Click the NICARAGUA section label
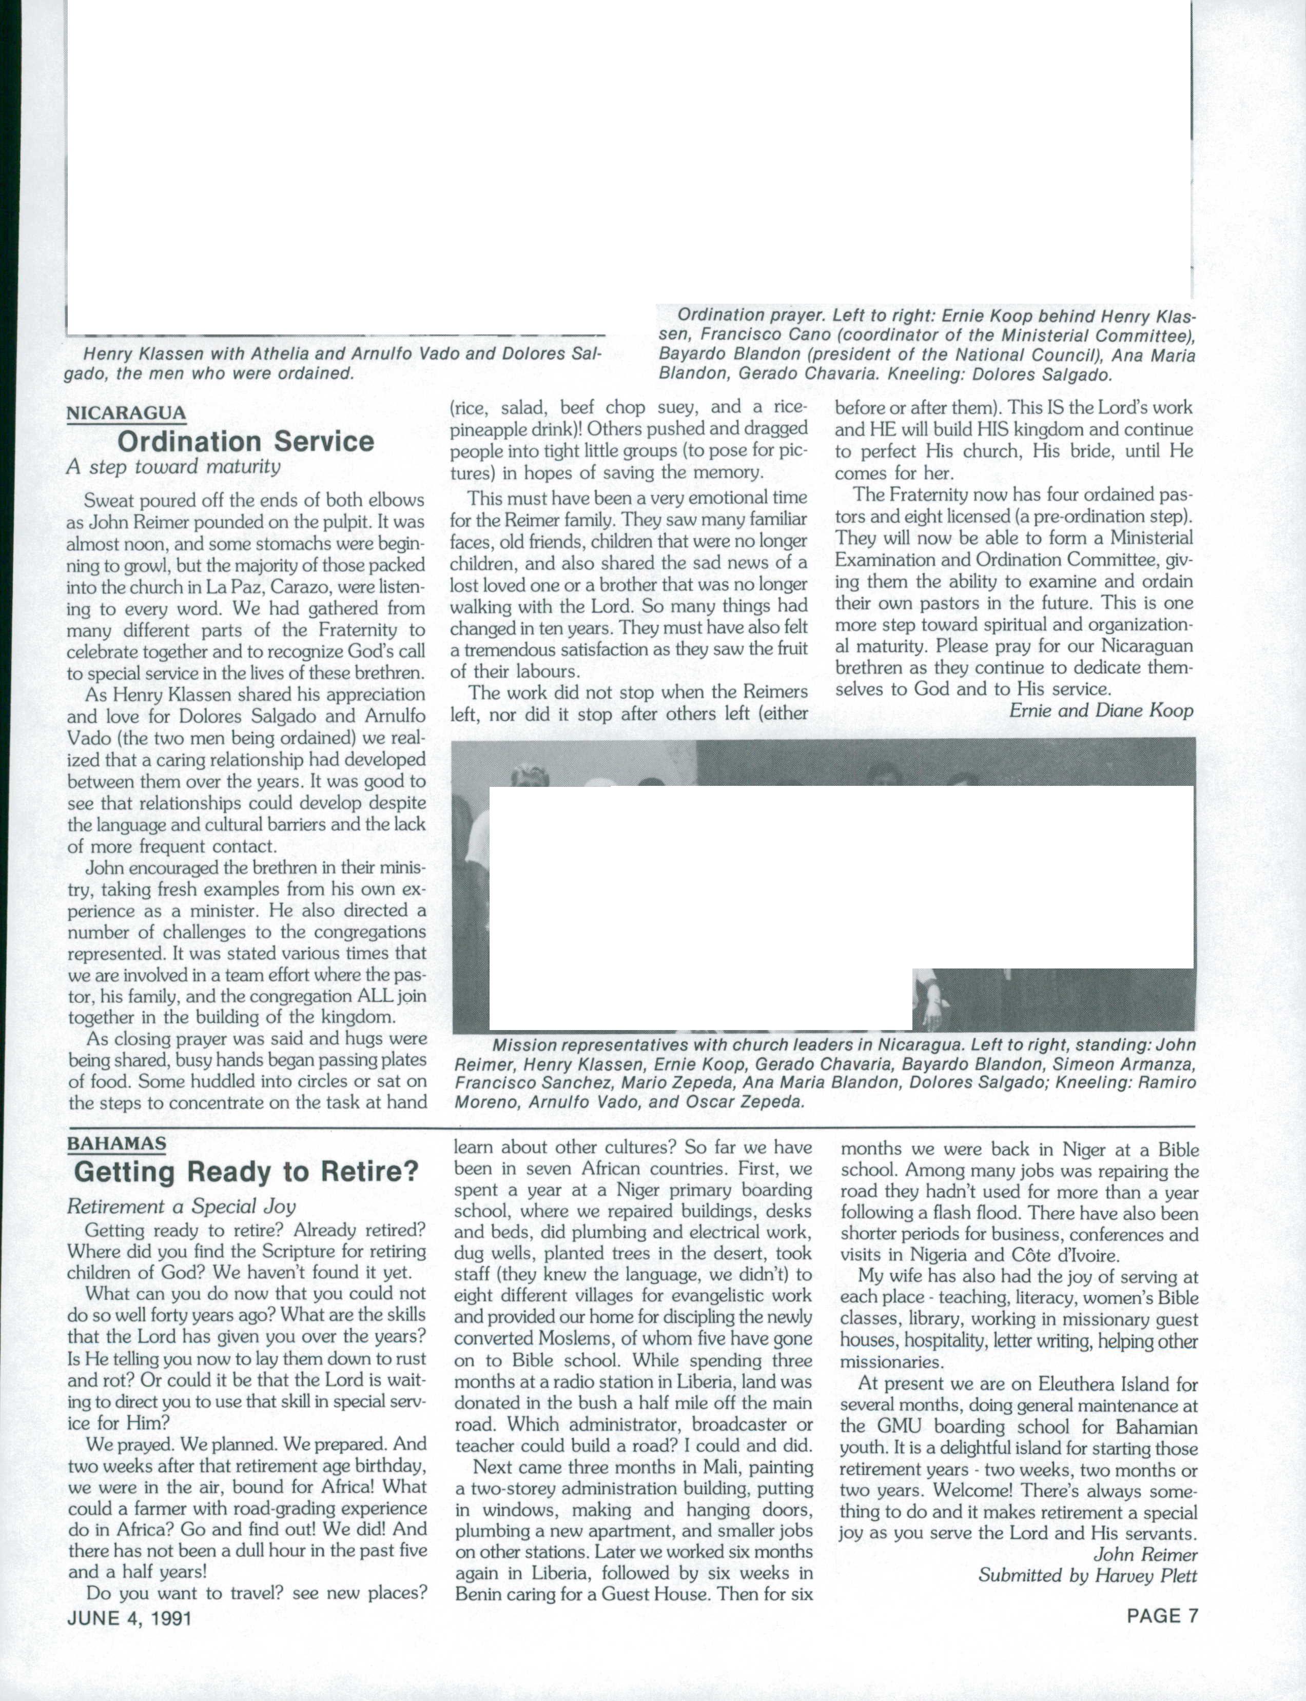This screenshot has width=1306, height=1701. click(126, 412)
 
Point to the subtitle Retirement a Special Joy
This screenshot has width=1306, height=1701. click(181, 1206)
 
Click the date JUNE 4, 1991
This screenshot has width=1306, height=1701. click(129, 1618)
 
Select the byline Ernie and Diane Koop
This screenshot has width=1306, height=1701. click(1101, 710)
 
